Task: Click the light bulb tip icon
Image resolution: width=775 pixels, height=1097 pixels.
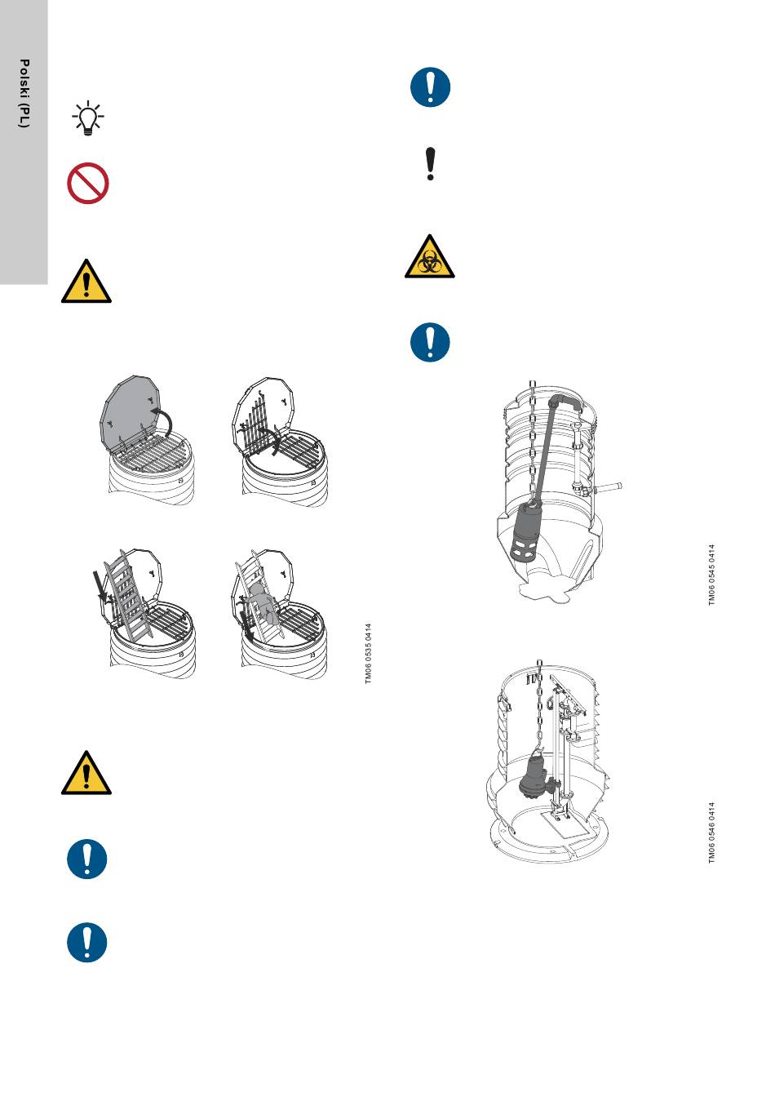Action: [x=87, y=118]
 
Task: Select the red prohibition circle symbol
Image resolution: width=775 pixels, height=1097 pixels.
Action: [x=87, y=183]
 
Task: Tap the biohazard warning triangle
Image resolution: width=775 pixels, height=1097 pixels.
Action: [x=430, y=256]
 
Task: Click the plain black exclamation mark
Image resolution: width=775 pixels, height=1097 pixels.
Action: [x=431, y=163]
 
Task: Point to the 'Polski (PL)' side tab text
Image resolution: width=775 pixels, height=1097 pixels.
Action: [x=24, y=94]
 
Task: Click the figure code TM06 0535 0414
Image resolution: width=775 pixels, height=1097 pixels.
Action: [x=368, y=653]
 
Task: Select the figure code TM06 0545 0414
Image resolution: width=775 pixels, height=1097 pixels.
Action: [x=712, y=575]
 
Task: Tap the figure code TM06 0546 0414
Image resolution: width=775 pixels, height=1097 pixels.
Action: [x=712, y=833]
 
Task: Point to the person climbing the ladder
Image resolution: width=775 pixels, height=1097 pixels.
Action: [x=264, y=606]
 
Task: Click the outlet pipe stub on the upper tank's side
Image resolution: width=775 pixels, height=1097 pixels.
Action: [x=607, y=487]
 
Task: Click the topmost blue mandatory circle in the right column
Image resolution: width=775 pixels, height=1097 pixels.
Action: [x=430, y=87]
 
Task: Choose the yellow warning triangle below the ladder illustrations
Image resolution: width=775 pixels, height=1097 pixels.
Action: [x=86, y=772]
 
